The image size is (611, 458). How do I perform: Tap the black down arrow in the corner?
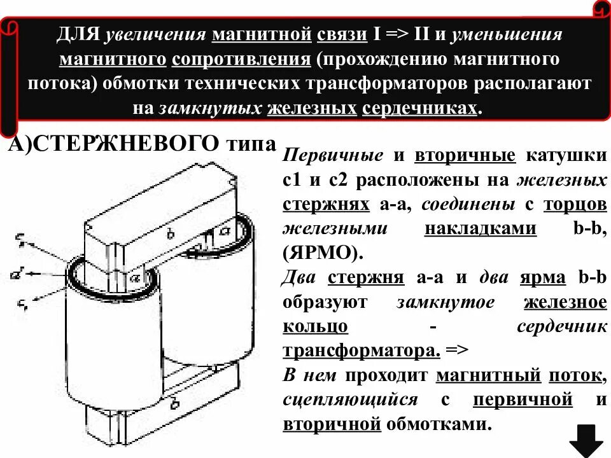point(586,440)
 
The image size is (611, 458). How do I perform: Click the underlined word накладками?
point(481,227)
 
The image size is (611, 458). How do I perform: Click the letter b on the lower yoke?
point(175,403)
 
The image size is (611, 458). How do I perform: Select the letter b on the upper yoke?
point(170,233)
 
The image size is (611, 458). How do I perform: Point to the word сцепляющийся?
point(351,400)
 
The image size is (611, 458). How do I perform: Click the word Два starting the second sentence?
point(301,278)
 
